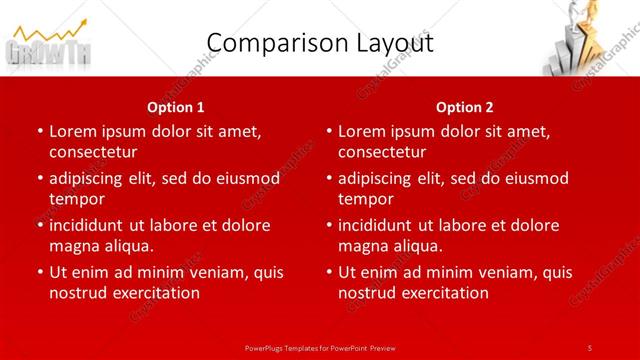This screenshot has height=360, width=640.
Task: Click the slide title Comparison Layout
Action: tap(319, 43)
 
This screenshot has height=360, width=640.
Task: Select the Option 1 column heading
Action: tap(176, 106)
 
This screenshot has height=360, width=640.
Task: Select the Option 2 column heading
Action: tap(465, 106)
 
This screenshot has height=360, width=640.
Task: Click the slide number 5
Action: tap(590, 347)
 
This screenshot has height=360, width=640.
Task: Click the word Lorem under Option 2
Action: tap(361, 131)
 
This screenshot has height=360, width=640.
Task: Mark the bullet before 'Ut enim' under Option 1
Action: tap(38, 272)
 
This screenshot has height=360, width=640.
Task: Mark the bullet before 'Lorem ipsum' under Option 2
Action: tap(327, 131)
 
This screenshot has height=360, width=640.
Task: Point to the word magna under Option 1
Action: tap(72, 246)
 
